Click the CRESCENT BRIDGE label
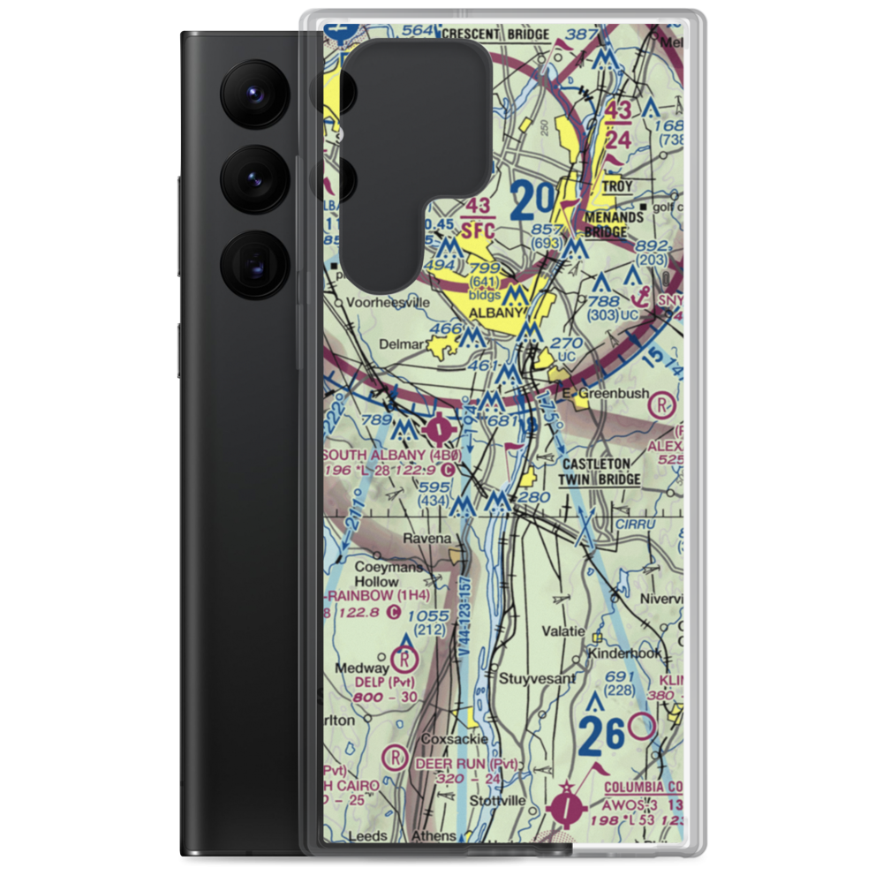tap(495, 34)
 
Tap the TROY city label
tap(617, 187)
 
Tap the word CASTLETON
tap(597, 463)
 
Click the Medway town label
tap(357, 668)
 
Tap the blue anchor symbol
tap(632, 281)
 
